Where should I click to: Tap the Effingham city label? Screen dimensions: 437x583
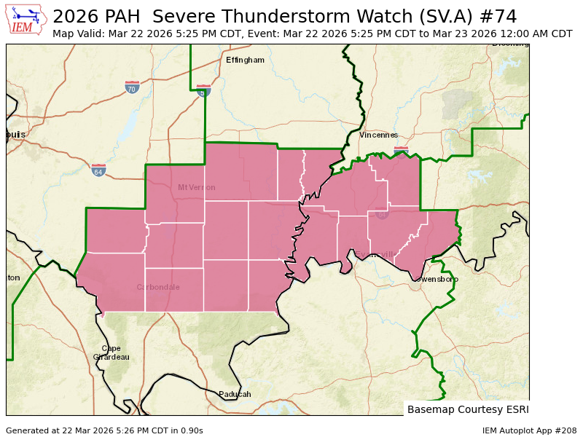coord(245,60)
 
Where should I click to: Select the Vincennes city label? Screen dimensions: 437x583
coord(378,135)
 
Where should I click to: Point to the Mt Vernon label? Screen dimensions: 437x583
coord(197,187)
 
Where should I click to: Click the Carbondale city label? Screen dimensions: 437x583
coord(157,287)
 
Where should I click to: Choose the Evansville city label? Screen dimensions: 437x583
coord(375,254)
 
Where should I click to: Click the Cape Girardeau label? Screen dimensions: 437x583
coord(111,353)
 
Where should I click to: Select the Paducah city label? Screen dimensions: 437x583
coord(235,394)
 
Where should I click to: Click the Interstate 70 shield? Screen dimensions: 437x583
coord(132,87)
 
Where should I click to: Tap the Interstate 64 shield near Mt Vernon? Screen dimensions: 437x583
coord(98,170)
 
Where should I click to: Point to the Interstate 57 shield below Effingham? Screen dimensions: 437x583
coord(203,91)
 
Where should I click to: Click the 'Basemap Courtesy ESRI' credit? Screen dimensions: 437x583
coord(467,409)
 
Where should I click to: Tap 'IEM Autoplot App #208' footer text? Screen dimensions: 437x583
coord(529,430)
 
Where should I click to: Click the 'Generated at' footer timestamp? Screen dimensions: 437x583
coord(104,430)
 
